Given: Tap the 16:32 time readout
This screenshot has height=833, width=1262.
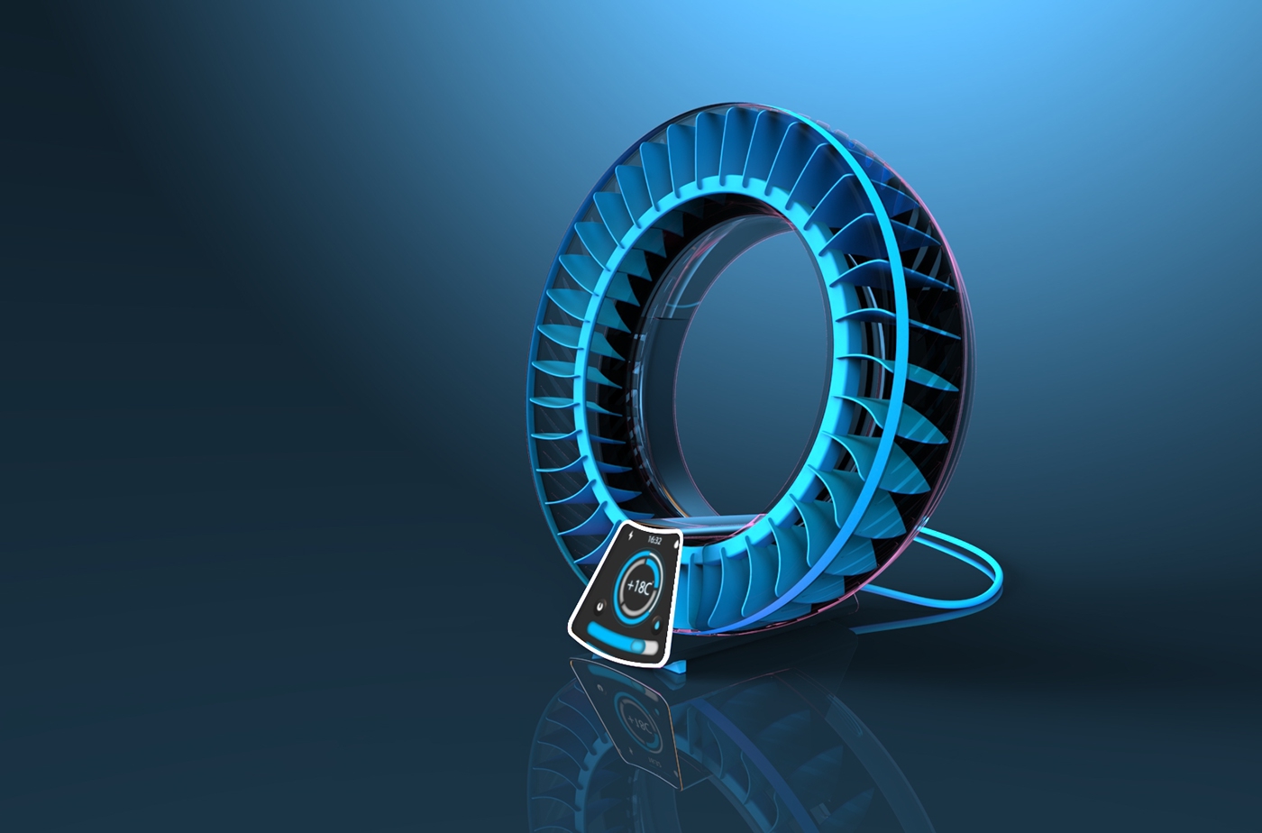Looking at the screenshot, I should tap(654, 540).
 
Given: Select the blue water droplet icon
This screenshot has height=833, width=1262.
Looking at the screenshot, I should tap(657, 624).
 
